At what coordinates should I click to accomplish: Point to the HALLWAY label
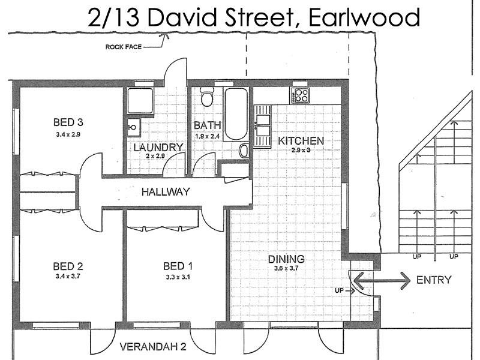coord(166,192)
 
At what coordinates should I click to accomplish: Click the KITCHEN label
coord(301,141)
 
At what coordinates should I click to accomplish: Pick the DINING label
coord(286,259)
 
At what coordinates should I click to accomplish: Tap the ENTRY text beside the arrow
coord(433,280)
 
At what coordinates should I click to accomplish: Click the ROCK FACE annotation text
coord(123,46)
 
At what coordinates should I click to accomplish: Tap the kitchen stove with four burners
coord(300,95)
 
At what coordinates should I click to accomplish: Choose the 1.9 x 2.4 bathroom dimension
coord(208,136)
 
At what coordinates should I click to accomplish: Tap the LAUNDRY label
coord(158,147)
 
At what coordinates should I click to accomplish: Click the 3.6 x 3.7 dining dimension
coord(286,268)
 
